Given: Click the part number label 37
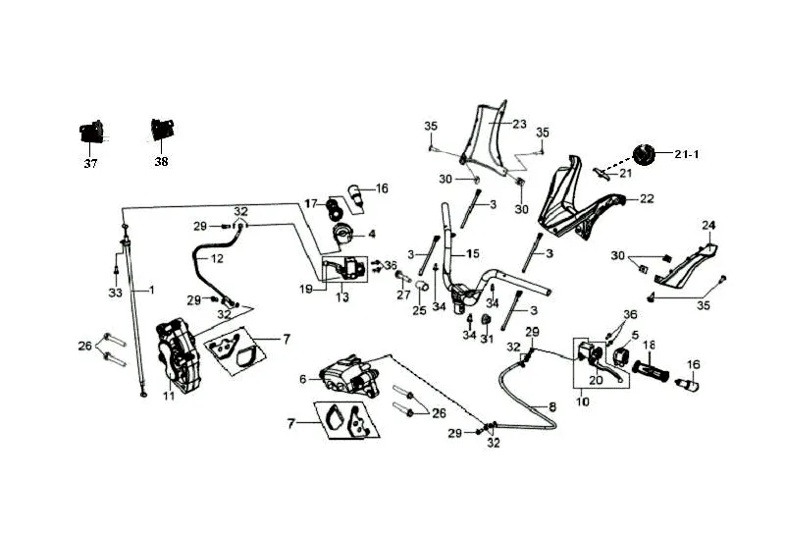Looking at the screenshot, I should [90, 164].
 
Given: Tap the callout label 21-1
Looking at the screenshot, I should [686, 154].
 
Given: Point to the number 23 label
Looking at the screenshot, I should [520, 125].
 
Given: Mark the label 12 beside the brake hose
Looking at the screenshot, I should [217, 259].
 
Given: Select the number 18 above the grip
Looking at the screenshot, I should [649, 345].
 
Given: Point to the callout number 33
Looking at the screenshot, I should [115, 293].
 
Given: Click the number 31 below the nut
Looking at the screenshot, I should [487, 340].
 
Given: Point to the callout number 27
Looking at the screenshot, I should [403, 294].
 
